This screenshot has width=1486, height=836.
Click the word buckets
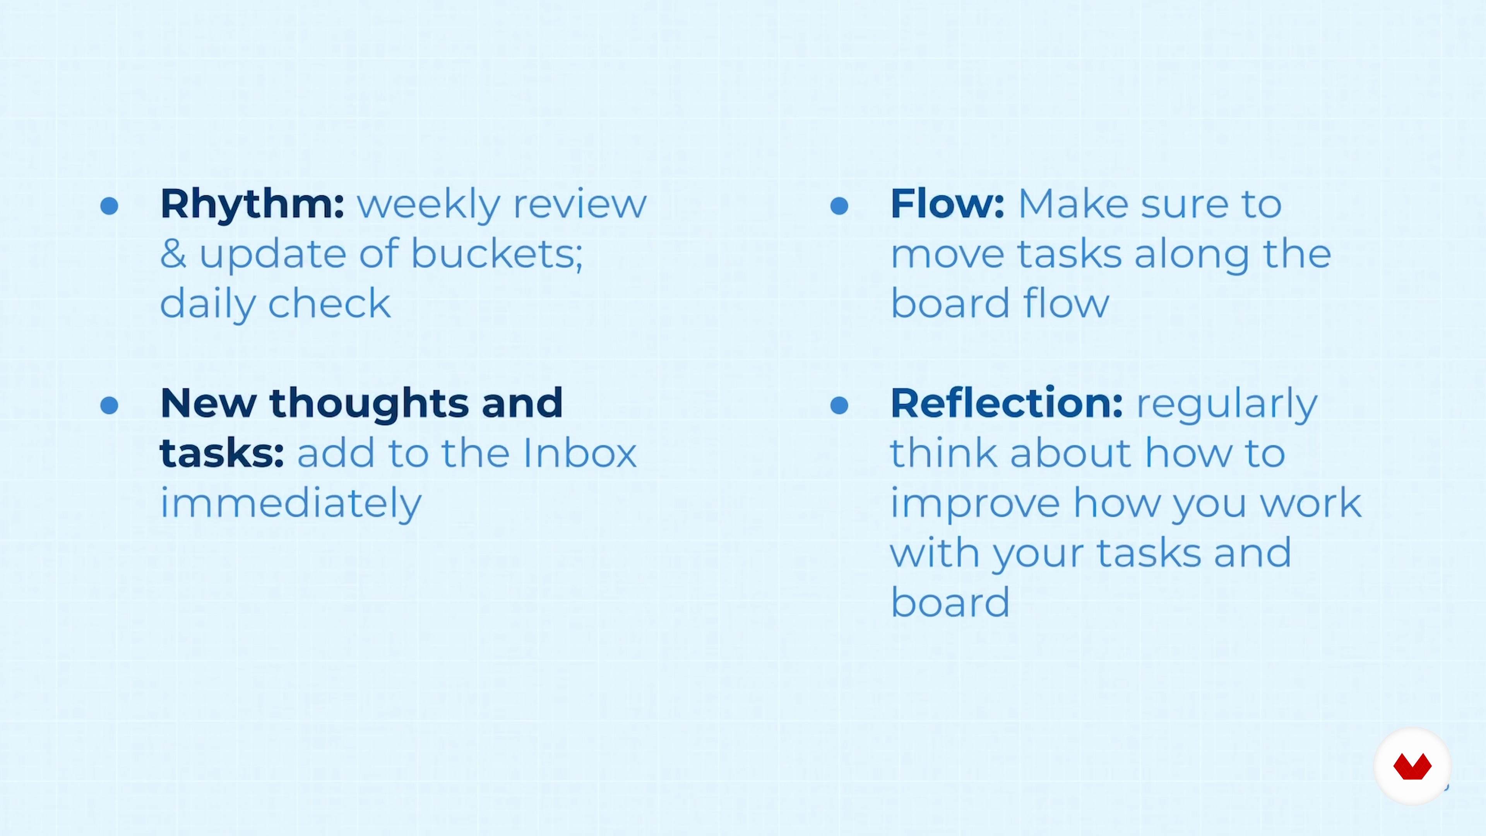click(x=496, y=254)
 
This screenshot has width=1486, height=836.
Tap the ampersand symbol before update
click(x=173, y=254)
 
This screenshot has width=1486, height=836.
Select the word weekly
click(x=429, y=205)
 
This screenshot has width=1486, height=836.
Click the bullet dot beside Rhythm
click(x=109, y=206)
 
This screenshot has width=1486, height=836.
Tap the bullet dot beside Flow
click(x=839, y=206)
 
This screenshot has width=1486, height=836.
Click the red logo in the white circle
click(x=1412, y=767)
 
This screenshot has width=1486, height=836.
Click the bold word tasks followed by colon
click(x=221, y=454)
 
